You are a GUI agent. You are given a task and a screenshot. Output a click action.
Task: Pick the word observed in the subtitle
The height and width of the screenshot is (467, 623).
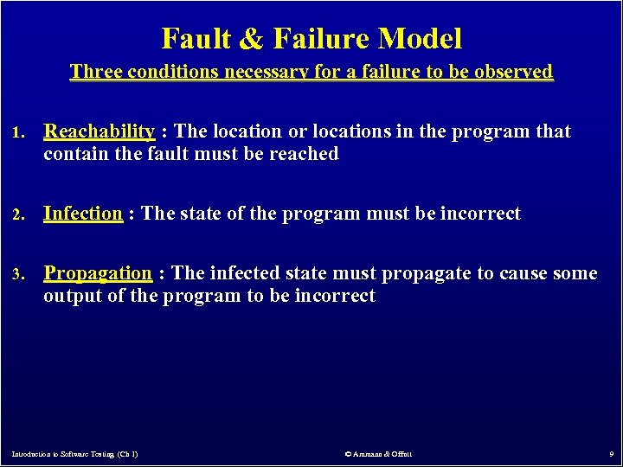tap(514, 72)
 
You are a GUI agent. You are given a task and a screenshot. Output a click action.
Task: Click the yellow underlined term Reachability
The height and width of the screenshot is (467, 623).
tap(99, 131)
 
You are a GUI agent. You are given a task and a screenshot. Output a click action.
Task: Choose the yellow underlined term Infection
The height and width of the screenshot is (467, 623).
tap(83, 214)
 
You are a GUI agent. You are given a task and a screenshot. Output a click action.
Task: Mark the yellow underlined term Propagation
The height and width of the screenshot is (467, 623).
tap(98, 273)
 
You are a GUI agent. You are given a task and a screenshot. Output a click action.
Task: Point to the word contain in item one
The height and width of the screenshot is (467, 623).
tap(73, 154)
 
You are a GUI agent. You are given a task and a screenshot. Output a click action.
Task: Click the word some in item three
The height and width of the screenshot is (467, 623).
tap(574, 273)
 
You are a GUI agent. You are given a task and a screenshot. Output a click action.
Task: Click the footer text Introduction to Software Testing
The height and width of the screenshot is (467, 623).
tap(74, 453)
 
